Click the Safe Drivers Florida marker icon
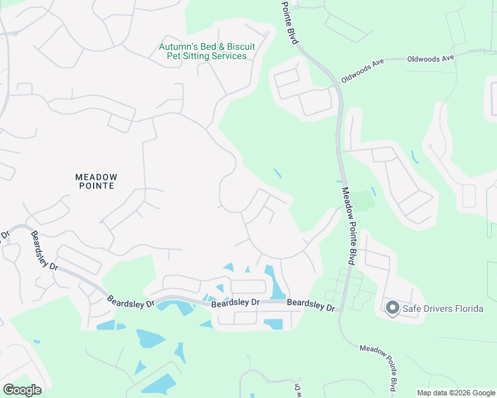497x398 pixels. (392, 307)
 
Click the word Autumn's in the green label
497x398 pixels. (177, 47)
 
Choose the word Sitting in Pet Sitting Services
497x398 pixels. (197, 56)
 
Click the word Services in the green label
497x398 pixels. (230, 56)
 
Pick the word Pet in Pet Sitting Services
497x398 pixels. (173, 56)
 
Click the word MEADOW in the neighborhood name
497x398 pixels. (96, 177)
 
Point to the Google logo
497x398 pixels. (22, 389)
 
